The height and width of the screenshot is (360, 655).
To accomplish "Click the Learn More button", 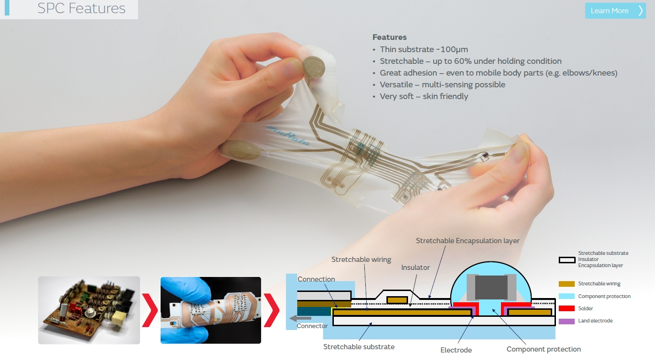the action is click(x=615, y=11).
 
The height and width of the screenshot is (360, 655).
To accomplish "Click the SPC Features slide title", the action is click(x=81, y=8).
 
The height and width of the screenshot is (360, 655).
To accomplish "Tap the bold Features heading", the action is click(x=390, y=37).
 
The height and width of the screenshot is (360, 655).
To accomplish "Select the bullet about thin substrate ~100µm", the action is click(x=424, y=49).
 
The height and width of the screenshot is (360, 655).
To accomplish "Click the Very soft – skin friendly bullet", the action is click(x=424, y=96).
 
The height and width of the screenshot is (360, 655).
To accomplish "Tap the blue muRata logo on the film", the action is click(x=288, y=136).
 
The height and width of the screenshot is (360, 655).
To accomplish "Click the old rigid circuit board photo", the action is click(x=89, y=310).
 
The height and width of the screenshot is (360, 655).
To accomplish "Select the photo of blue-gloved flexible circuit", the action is click(x=210, y=310).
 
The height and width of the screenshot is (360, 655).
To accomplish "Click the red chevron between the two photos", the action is click(x=150, y=310).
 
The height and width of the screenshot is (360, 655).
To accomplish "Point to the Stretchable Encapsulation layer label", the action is click(x=468, y=241).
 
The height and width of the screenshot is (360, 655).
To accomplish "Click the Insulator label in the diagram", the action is click(x=416, y=268).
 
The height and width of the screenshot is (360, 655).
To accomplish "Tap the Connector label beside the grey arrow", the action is click(x=312, y=326).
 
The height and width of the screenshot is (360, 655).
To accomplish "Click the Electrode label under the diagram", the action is click(x=456, y=350).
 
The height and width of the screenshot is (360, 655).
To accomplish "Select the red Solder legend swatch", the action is click(x=567, y=308).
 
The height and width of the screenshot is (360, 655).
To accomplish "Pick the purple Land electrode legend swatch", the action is click(x=567, y=321).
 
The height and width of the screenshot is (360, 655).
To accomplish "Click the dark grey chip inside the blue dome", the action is click(x=491, y=287).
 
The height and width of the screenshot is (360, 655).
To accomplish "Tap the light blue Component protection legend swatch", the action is click(x=567, y=296).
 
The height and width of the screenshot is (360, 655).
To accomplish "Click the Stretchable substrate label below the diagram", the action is click(x=359, y=347).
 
